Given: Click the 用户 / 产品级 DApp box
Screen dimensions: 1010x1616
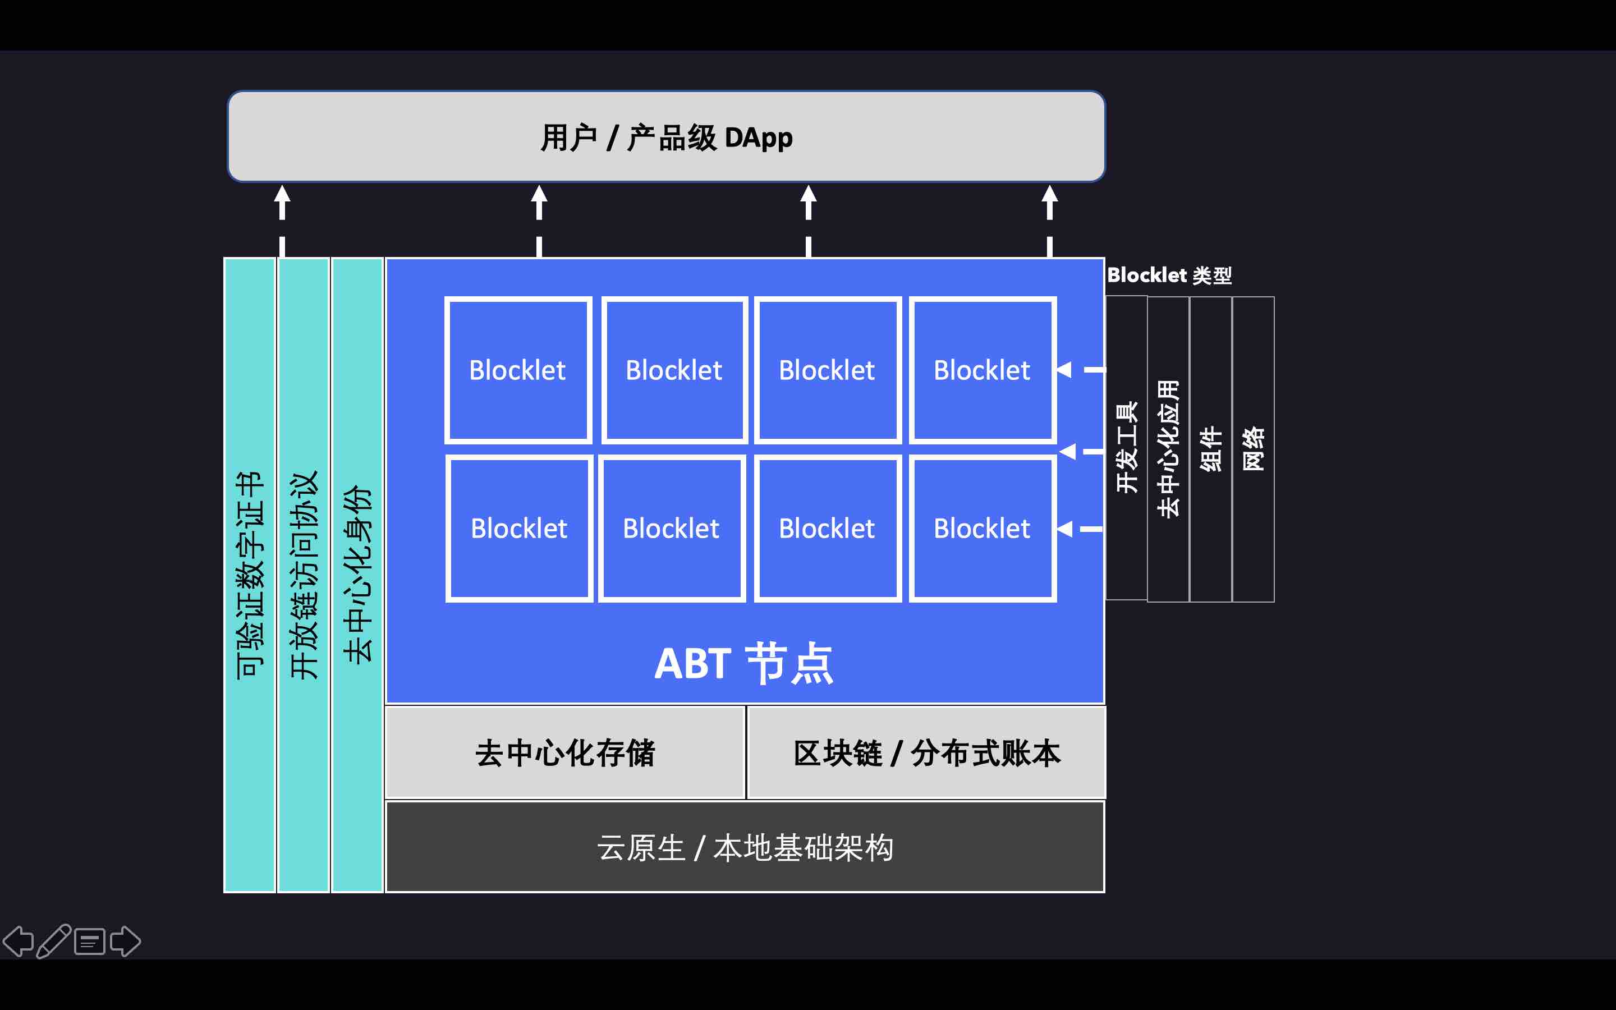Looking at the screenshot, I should pos(667,136).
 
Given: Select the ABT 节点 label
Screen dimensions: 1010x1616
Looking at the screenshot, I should pos(744,663).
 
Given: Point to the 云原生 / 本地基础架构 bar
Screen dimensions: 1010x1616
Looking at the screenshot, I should pos(745,847).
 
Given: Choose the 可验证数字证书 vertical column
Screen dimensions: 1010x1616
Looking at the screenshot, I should pos(250,575).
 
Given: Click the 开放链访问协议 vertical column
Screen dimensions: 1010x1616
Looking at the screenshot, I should pos(304,575).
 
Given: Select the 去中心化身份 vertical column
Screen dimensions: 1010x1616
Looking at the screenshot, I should pos(357,575).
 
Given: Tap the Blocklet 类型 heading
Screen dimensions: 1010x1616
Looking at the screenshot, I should pos(1169,275).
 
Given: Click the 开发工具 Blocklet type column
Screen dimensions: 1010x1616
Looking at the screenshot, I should pos(1127,448).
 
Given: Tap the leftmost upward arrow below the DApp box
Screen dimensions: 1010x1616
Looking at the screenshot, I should pos(282,202).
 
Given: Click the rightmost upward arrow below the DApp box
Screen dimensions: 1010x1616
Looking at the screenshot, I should pos(1050,202).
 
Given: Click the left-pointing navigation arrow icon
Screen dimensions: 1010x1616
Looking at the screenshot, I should pos(19,941).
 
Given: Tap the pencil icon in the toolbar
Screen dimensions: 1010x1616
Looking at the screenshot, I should pos(53,941).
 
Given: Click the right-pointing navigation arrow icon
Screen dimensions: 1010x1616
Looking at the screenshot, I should pos(125,941).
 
